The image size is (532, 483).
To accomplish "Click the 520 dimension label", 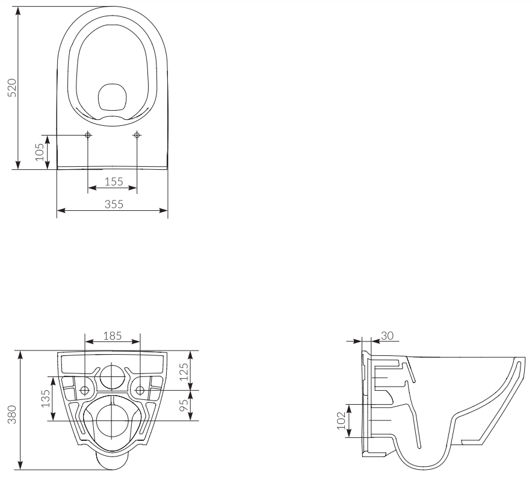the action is point(12,87).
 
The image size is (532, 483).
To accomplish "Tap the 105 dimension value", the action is point(40,152).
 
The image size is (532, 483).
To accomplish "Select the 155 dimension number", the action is point(114,182).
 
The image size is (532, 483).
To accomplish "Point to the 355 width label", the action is point(114,204).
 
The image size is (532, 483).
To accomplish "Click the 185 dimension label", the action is point(113,335).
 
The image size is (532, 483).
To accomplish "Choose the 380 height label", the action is point(12,414).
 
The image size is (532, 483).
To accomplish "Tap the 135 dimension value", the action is point(46,399).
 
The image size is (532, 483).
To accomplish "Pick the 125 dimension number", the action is point(184,372).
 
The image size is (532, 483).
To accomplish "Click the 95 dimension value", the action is point(184,405).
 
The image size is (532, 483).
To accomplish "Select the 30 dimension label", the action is point(387,335).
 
